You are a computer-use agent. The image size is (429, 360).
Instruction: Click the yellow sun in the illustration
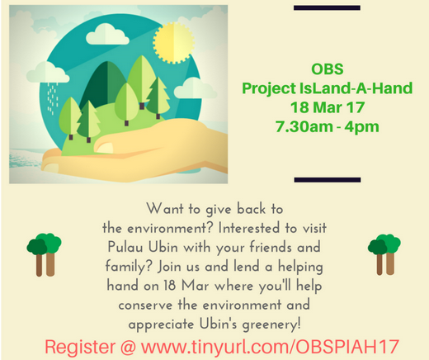pyautogui.click(x=174, y=42)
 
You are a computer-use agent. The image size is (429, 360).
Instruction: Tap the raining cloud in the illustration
pyautogui.click(x=48, y=72)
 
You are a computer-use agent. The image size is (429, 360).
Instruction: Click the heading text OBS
pyautogui.click(x=328, y=69)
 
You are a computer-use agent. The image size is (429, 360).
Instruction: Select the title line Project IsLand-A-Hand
pyautogui.click(x=328, y=88)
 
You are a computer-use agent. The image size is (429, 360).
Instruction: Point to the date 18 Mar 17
pyautogui.click(x=328, y=107)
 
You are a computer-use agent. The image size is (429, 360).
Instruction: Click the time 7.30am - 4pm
pyautogui.click(x=328, y=126)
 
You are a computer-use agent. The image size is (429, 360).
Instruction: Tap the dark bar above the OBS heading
pyautogui.click(x=327, y=7)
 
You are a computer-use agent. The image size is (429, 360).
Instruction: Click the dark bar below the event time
pyautogui.click(x=328, y=180)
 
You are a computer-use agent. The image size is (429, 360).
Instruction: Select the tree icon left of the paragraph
pyautogui.click(x=44, y=254)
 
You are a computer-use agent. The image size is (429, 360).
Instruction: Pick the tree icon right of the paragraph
pyautogui.click(x=384, y=254)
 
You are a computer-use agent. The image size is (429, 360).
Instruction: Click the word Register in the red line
pyautogui.click(x=80, y=347)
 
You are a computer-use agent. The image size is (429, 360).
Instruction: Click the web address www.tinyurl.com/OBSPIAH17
pyautogui.click(x=270, y=347)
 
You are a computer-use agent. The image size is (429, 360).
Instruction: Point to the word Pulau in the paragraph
pyautogui.click(x=125, y=247)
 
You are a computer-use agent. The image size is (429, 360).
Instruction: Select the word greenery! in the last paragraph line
pyautogui.click(x=271, y=324)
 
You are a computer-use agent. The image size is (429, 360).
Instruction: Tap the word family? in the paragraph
pyautogui.click(x=129, y=267)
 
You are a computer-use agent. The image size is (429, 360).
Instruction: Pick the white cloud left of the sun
pyautogui.click(x=107, y=35)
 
